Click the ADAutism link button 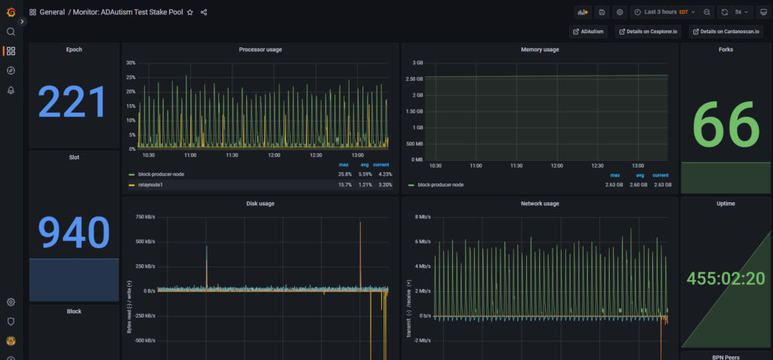click(x=588, y=32)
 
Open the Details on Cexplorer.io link click(x=648, y=32)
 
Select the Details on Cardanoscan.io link click(x=725, y=32)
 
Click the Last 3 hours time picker click(x=664, y=12)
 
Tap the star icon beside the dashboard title click(x=189, y=12)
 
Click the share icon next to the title click(x=204, y=12)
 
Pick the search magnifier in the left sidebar click(x=11, y=32)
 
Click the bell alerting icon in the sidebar click(x=11, y=91)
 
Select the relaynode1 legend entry click(x=150, y=185)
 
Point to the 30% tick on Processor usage click(x=131, y=63)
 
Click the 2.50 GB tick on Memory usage click(x=413, y=79)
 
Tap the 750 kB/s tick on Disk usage click(x=146, y=217)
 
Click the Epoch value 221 click(x=72, y=103)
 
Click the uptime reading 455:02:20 click(x=725, y=278)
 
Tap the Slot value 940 click(x=74, y=232)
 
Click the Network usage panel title click(x=540, y=204)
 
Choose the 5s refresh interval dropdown click(x=741, y=12)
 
